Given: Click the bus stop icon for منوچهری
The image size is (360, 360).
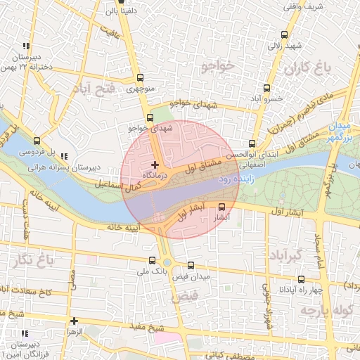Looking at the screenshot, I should tap(140, 78).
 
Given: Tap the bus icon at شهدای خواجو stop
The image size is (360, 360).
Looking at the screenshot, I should tap(149, 118).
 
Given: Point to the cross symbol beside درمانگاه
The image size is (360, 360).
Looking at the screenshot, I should tap(155, 165).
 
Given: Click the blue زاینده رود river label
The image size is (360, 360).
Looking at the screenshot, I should tap(234, 179).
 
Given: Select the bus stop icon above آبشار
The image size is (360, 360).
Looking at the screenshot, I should tap(223, 207).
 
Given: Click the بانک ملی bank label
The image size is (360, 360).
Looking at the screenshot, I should tap(152, 270).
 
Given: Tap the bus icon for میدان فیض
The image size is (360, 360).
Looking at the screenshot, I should tap(192, 265).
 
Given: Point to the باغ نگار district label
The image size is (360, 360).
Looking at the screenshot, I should tap(32, 262).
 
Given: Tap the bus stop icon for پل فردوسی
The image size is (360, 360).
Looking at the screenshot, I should tap(37, 140).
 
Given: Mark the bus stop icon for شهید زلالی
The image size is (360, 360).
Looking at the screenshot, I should tap(284, 34).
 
